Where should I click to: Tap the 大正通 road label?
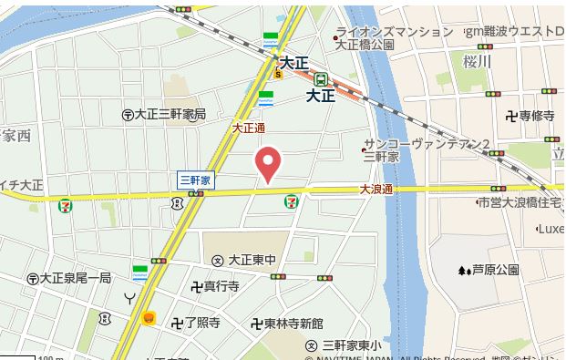(x=249, y=129)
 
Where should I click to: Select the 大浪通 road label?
(x=375, y=190)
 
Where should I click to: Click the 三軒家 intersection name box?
(x=194, y=180)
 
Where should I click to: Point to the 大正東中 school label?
(x=246, y=260)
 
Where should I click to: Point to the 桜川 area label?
(x=477, y=62)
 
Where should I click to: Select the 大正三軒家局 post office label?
(x=170, y=114)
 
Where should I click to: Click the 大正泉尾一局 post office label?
(x=75, y=277)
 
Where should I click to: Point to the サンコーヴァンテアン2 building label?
(x=427, y=144)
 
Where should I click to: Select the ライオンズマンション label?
(x=395, y=31)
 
